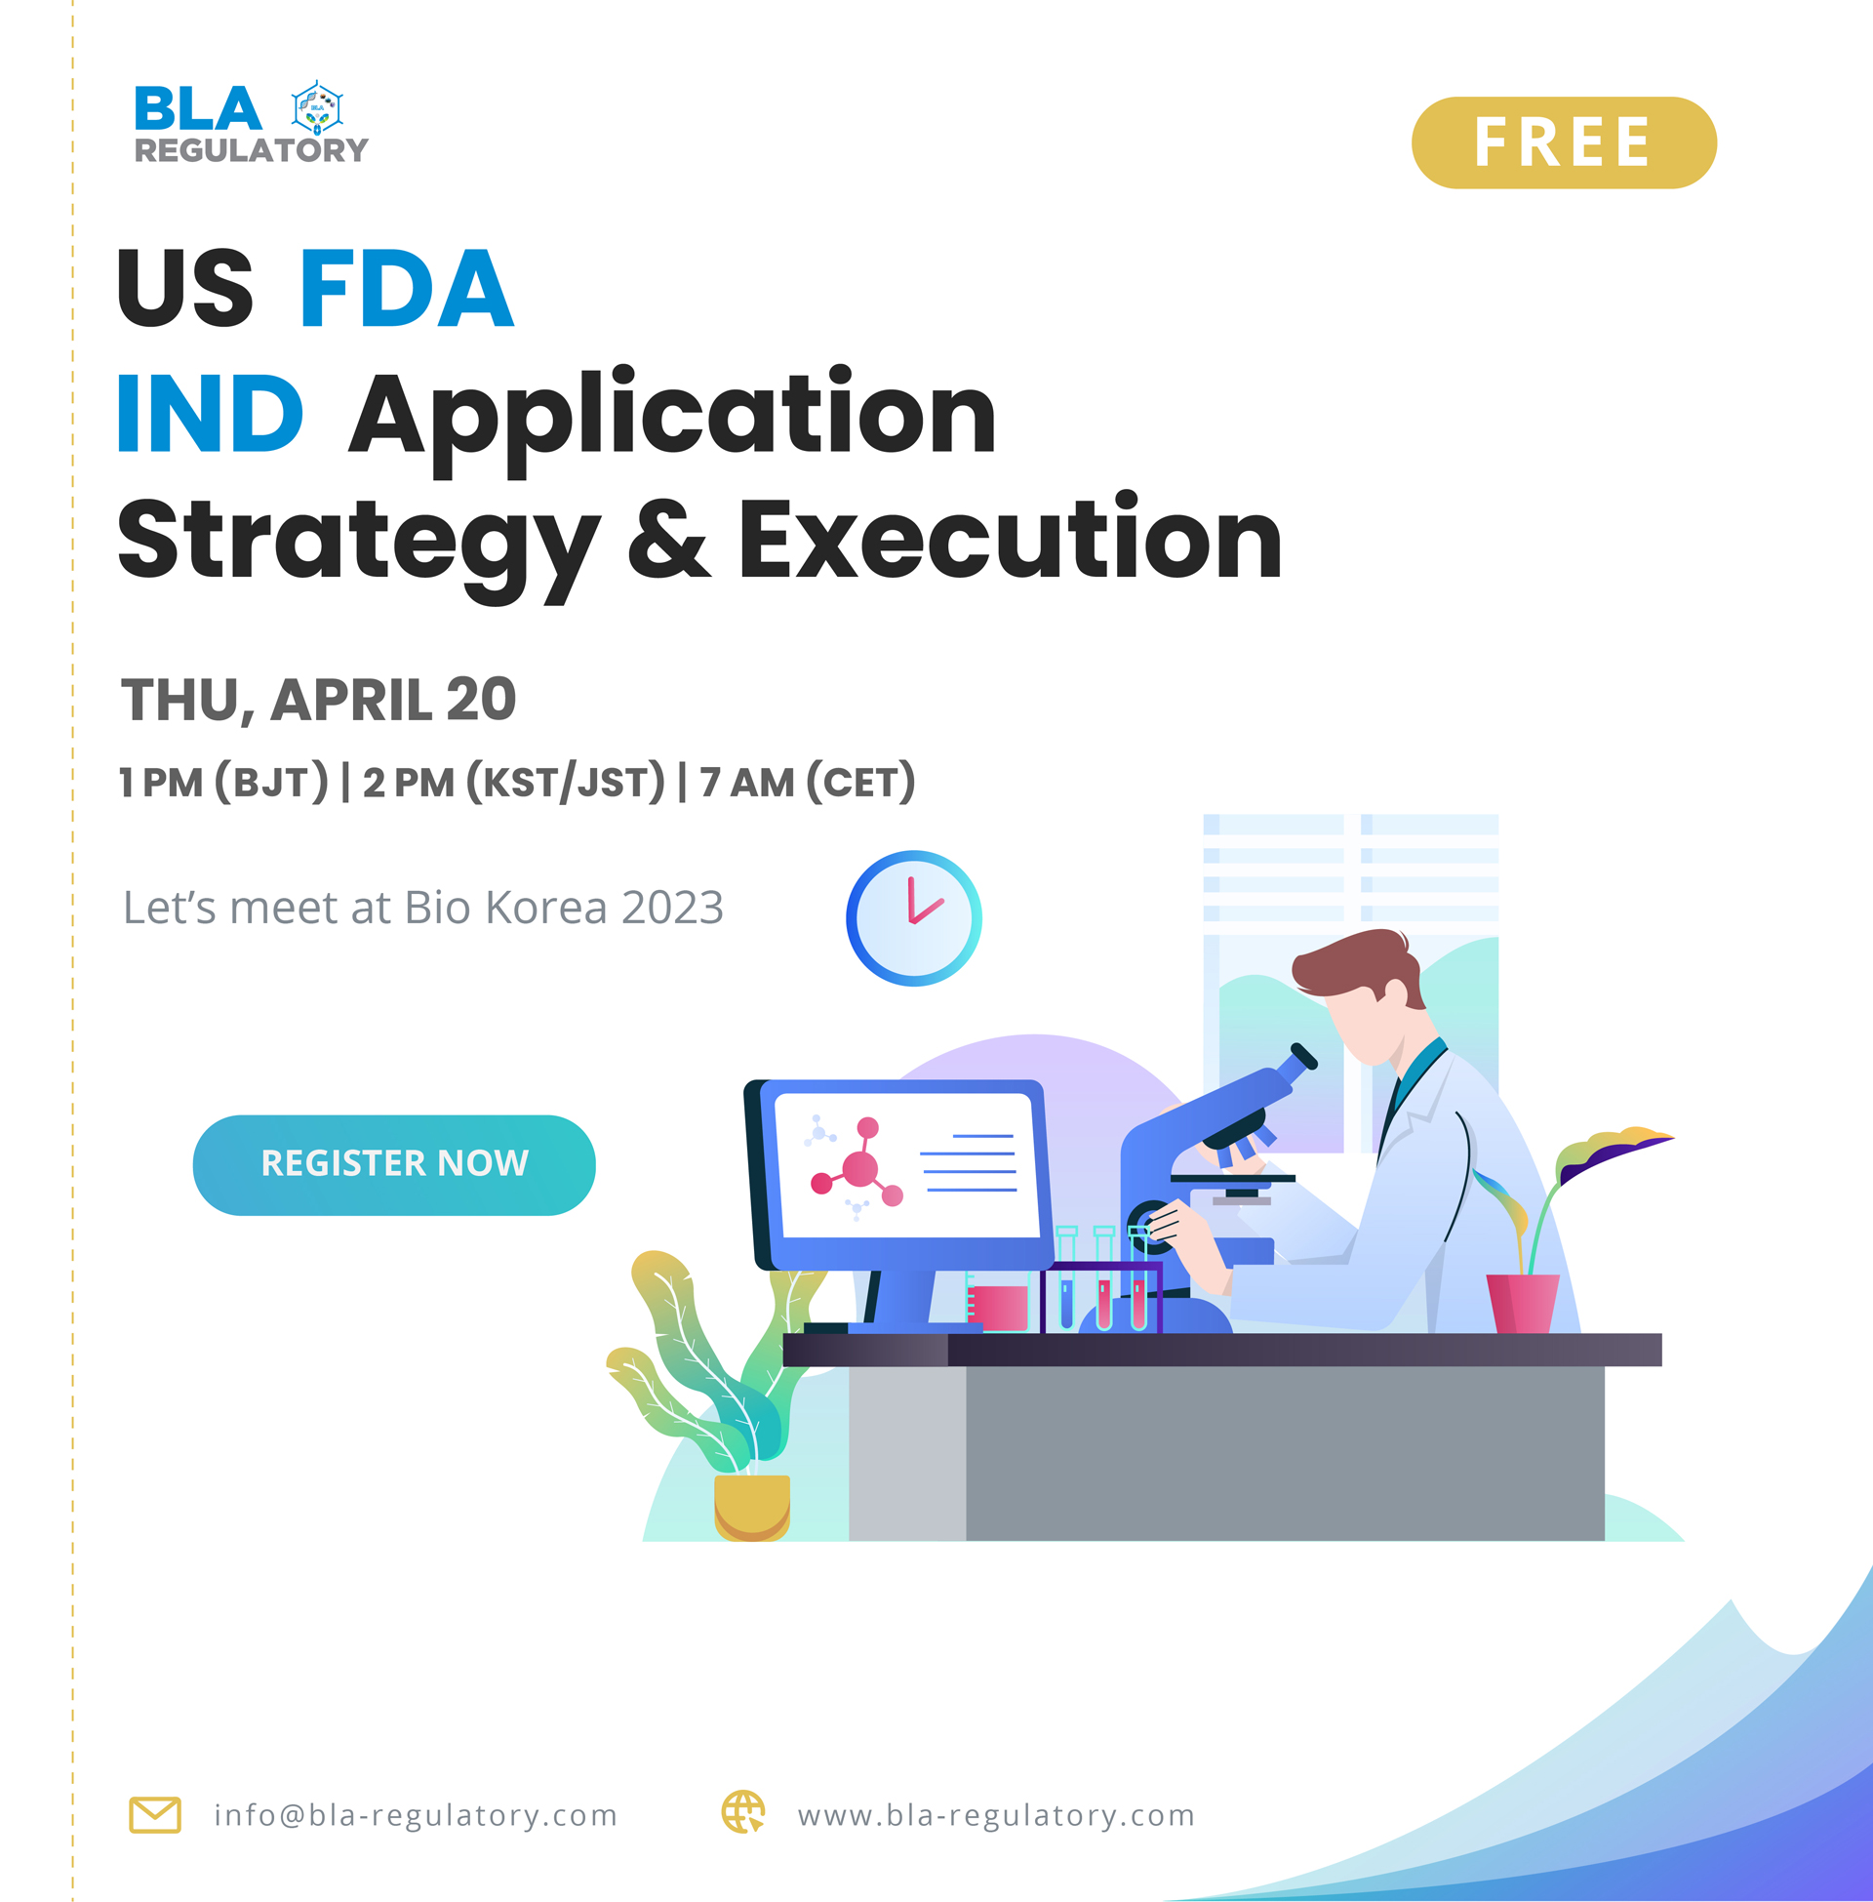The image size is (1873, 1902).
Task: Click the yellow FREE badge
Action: click(1563, 142)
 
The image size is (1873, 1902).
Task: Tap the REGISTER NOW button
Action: click(393, 1164)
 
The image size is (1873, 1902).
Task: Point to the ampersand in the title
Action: click(668, 539)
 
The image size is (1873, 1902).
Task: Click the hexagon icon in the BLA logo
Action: click(317, 108)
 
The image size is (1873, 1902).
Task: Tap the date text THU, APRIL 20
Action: click(318, 700)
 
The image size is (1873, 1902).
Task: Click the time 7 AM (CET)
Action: click(807, 783)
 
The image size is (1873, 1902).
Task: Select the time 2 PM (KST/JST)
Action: click(512, 783)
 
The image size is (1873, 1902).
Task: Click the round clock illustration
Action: click(913, 917)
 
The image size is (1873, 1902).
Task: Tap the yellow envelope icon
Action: click(154, 1814)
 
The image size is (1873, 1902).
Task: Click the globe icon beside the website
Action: click(742, 1811)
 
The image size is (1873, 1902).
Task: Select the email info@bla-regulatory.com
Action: click(416, 1814)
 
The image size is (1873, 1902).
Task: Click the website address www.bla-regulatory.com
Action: click(996, 1814)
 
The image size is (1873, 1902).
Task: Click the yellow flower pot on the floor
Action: click(751, 1506)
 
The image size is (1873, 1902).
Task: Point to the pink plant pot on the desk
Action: click(1522, 1302)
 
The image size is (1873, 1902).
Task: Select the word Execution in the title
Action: click(1010, 539)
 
